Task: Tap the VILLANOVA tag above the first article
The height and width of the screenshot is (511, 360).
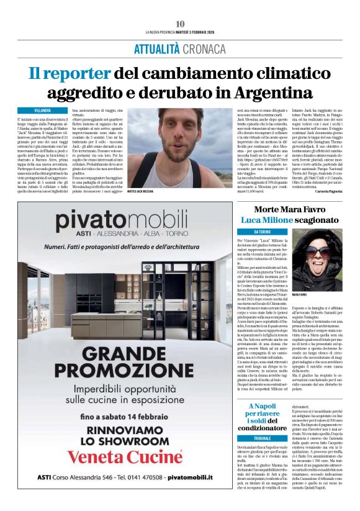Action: [x=43, y=109]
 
